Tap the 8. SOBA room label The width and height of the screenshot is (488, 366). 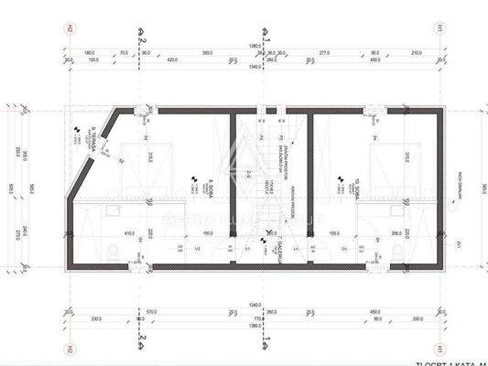pyautogui.click(x=211, y=187)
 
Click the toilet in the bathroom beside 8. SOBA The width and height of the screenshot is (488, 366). pyautogui.click(x=110, y=251)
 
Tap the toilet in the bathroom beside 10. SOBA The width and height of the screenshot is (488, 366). pyautogui.click(x=421, y=251)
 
